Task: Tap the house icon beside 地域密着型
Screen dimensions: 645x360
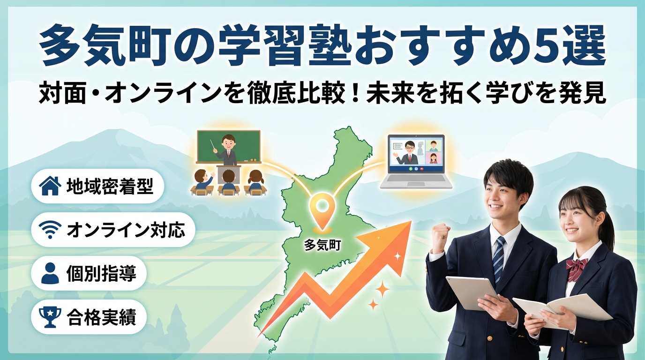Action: tap(50, 186)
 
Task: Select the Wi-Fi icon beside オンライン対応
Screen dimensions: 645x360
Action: tap(50, 230)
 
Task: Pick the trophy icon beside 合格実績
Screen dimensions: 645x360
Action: tap(50, 317)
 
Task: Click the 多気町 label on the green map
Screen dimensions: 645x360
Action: tap(322, 246)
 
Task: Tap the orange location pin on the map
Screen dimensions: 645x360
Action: tap(322, 212)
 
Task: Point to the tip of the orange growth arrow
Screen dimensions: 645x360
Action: tap(411, 221)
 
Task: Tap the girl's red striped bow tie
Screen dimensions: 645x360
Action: tap(577, 267)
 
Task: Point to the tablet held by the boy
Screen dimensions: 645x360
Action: tap(472, 293)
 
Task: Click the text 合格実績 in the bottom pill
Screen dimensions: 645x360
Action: tap(101, 317)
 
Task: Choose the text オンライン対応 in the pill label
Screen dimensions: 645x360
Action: tap(126, 230)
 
